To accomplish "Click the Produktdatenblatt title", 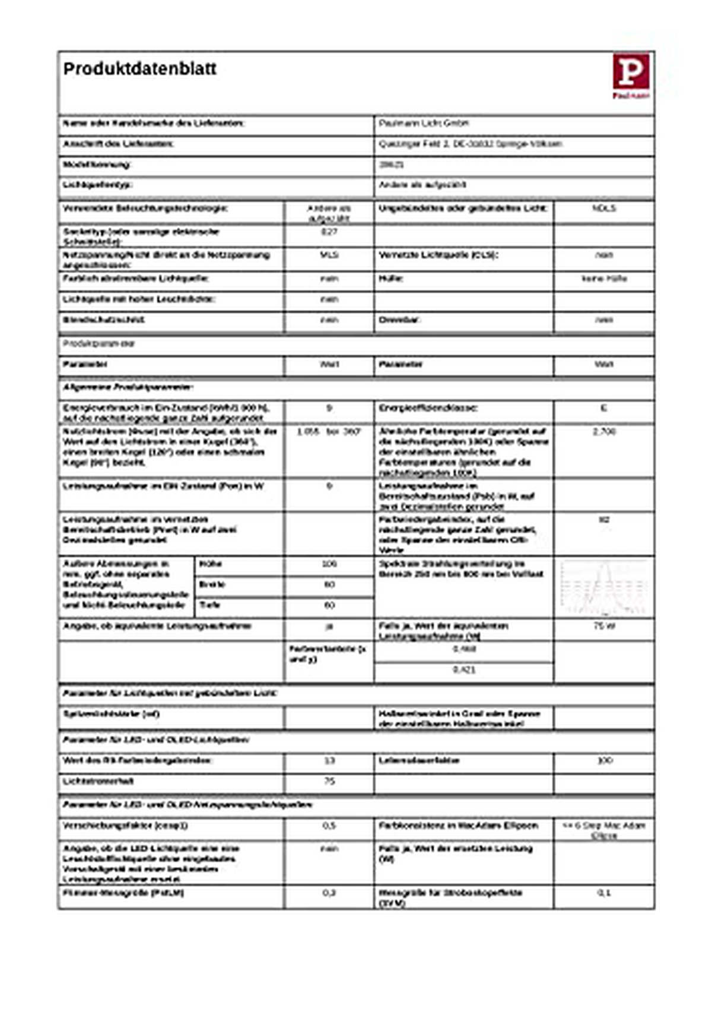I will point(139,69).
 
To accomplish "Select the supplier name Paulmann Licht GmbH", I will point(424,124).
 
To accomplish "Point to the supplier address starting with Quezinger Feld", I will point(470,144).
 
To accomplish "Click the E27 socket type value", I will point(329,232).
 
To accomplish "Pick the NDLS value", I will point(603,209).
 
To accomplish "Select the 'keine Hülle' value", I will point(603,279).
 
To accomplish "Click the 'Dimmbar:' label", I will point(399,320).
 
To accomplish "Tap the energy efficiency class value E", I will point(603,409).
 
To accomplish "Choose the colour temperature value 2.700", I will point(603,432).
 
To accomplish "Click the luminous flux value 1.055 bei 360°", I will point(329,432).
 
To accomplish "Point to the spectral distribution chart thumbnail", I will point(603,587).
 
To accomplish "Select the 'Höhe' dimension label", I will point(211,564).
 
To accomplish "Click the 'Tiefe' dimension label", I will point(210,605).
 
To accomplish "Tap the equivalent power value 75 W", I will point(603,627).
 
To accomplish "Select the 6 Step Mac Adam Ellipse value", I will point(603,830).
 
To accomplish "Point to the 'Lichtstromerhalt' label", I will point(98,782).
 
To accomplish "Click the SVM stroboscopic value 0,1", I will point(603,893).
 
